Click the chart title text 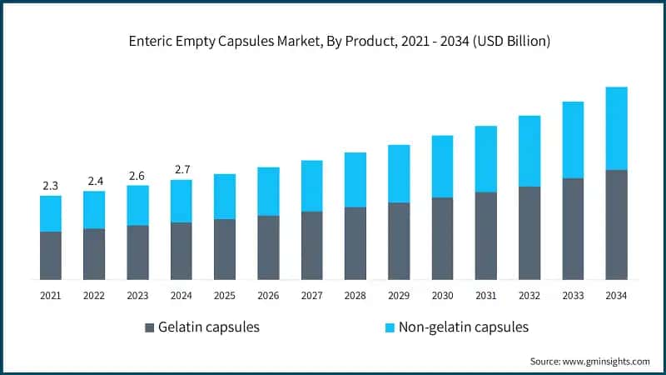(333, 40)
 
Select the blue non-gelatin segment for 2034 (616, 128)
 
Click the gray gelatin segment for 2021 (51, 255)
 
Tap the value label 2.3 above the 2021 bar (51, 186)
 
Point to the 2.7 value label (181, 170)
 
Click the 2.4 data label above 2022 (94, 181)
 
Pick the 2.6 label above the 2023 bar (137, 175)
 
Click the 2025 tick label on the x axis (225, 295)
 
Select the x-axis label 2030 (442, 295)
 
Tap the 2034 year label (616, 295)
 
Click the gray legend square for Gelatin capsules (150, 327)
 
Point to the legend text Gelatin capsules (209, 327)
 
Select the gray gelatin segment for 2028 (355, 242)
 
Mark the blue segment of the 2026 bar (268, 192)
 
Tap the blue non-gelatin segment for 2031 (485, 159)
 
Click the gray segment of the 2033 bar (573, 228)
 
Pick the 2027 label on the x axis (311, 295)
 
